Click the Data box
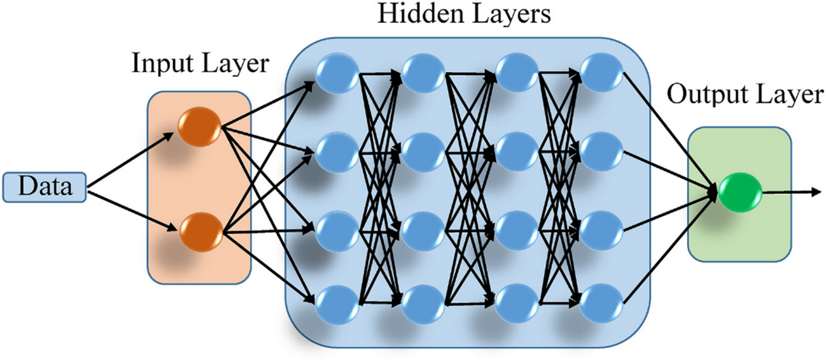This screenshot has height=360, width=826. pyautogui.click(x=44, y=187)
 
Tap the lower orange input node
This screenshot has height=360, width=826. pyautogui.click(x=200, y=232)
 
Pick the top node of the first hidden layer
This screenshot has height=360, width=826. pyautogui.click(x=337, y=71)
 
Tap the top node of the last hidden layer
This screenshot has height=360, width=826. pyautogui.click(x=601, y=71)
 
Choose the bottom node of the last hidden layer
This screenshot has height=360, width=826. pyautogui.click(x=601, y=303)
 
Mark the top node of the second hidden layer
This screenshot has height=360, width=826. pyautogui.click(x=423, y=71)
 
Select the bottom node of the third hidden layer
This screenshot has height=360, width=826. pyautogui.click(x=516, y=303)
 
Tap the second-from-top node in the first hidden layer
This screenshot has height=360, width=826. pyautogui.click(x=337, y=150)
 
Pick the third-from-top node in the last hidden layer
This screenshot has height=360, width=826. pyautogui.click(x=601, y=228)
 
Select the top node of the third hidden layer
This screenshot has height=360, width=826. pyautogui.click(x=516, y=71)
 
